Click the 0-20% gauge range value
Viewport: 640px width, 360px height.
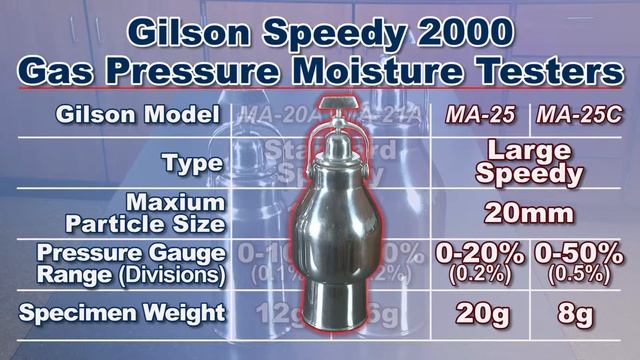tap(479, 254)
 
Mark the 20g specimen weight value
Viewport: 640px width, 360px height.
tap(479, 314)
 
